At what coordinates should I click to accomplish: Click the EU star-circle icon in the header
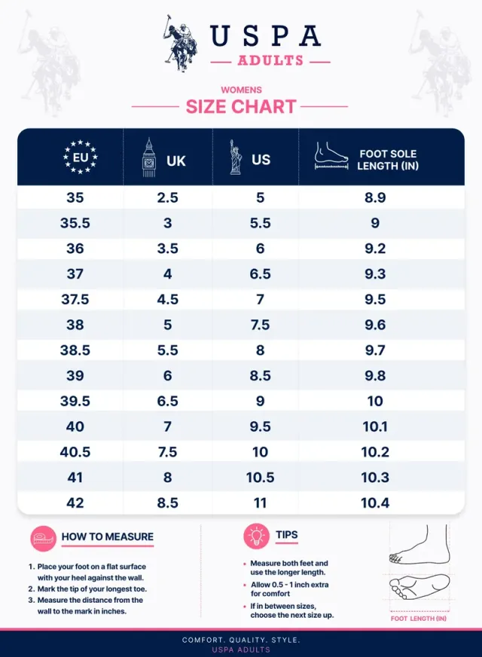pyautogui.click(x=81, y=157)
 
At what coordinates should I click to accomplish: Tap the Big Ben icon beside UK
pyautogui.click(x=148, y=157)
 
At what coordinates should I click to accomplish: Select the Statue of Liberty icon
pyautogui.click(x=235, y=157)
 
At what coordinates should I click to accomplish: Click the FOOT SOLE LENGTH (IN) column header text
pyautogui.click(x=388, y=160)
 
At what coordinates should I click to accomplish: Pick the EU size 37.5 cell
pyautogui.click(x=75, y=299)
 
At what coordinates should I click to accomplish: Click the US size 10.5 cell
pyautogui.click(x=260, y=477)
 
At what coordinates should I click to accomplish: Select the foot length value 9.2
pyautogui.click(x=375, y=249)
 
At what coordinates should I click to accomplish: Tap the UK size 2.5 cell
pyautogui.click(x=167, y=197)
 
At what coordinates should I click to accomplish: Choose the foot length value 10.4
pyautogui.click(x=375, y=503)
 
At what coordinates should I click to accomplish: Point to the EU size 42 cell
pyautogui.click(x=75, y=503)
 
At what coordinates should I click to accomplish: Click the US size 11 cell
pyautogui.click(x=260, y=503)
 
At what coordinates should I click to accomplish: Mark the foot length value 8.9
pyautogui.click(x=375, y=197)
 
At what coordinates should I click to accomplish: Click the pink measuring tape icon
pyautogui.click(x=43, y=539)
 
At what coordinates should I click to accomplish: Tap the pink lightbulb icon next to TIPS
pyautogui.click(x=256, y=536)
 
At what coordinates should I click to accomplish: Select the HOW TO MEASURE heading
pyautogui.click(x=108, y=536)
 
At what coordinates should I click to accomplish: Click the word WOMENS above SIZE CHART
pyautogui.click(x=241, y=90)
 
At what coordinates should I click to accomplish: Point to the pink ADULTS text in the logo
pyautogui.click(x=270, y=61)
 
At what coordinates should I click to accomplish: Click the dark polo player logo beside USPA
pyautogui.click(x=181, y=43)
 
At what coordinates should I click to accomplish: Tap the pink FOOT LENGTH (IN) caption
pyautogui.click(x=418, y=619)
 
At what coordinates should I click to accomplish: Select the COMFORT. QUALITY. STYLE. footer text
pyautogui.click(x=241, y=640)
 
